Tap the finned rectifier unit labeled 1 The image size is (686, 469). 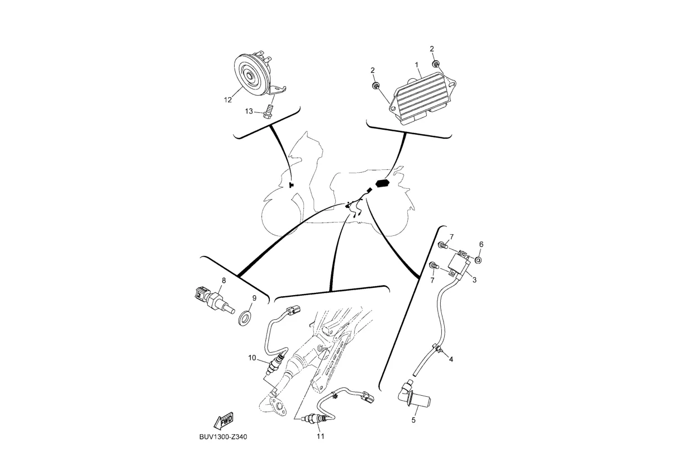[x=425, y=95]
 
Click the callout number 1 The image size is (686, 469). [x=417, y=65]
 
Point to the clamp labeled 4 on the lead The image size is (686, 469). [x=440, y=351]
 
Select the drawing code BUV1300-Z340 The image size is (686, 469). [x=223, y=437]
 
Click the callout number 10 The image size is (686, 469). [x=252, y=357]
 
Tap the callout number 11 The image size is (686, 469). [x=320, y=437]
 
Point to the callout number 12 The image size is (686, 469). [x=228, y=100]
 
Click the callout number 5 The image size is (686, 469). [x=413, y=420]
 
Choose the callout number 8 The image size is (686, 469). [x=223, y=280]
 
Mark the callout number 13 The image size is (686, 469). [x=249, y=112]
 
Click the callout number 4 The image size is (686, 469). [x=451, y=359]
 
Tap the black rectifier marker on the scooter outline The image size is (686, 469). [x=383, y=183]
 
